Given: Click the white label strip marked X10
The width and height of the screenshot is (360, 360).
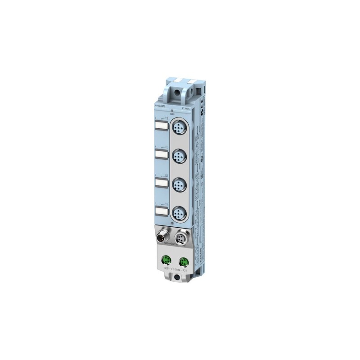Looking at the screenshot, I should [x=161, y=127].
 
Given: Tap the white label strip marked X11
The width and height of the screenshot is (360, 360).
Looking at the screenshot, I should [x=161, y=155].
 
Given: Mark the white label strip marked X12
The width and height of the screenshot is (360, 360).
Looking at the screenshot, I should [x=161, y=183].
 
